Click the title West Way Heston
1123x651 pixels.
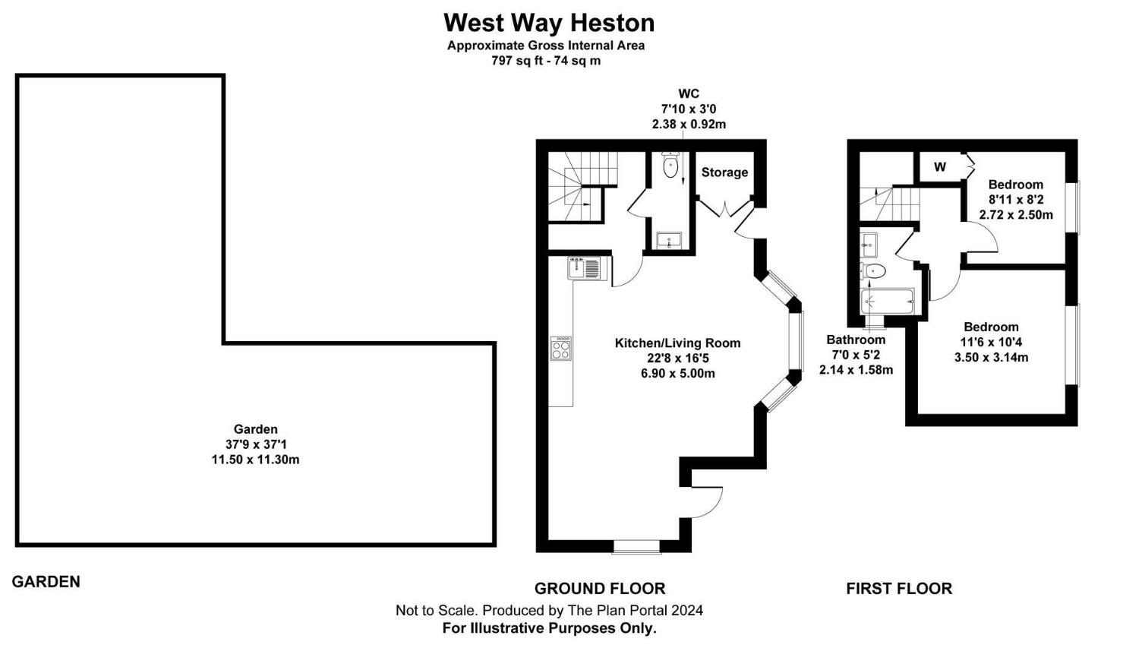(x=548, y=23)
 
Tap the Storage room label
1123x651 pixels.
(x=724, y=172)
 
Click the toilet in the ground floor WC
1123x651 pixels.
(x=670, y=166)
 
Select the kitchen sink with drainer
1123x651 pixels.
(x=587, y=268)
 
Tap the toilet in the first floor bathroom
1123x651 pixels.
(x=873, y=270)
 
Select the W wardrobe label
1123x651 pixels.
(x=940, y=167)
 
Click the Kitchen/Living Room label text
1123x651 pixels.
(x=677, y=343)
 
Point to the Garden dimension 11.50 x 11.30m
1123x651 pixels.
(x=255, y=460)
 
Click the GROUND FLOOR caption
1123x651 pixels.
(x=600, y=589)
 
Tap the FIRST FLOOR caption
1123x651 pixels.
(x=899, y=589)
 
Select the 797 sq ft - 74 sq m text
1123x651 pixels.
(x=546, y=61)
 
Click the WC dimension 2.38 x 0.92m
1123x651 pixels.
(x=689, y=124)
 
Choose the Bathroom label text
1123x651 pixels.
(x=856, y=340)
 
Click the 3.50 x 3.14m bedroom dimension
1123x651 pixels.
(x=991, y=357)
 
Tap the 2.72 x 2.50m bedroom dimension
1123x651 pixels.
(x=1016, y=215)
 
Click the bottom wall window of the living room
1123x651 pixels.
(x=636, y=545)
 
